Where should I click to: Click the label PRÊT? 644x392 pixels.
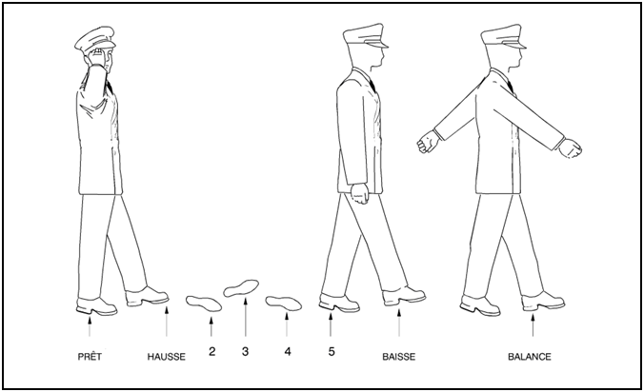tap(90, 357)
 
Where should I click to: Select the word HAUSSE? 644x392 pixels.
tap(167, 357)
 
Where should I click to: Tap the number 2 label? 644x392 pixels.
tap(211, 351)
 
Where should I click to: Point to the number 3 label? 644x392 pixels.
tap(245, 351)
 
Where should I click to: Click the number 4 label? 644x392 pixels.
tap(288, 351)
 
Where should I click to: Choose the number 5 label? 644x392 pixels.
tap(332, 351)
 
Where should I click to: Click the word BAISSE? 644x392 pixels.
tap(399, 357)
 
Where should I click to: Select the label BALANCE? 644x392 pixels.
tap(530, 357)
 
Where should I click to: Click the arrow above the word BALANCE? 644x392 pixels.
tap(533, 324)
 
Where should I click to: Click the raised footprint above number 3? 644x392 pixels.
tap(241, 288)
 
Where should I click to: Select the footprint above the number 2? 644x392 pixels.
tap(204, 304)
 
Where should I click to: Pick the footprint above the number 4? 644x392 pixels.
tap(283, 304)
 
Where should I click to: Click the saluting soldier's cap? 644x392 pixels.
tap(95, 39)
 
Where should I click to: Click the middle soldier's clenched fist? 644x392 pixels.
tap(360, 193)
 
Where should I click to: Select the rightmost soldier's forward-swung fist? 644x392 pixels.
tap(571, 148)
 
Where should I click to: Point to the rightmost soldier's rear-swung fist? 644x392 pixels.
tap(428, 142)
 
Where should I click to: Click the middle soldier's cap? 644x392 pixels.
tap(365, 36)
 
